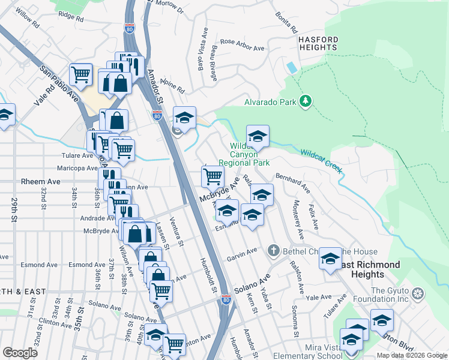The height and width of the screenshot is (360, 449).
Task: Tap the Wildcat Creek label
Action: tap(321, 161)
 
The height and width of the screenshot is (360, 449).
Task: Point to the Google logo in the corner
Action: tap(20, 353)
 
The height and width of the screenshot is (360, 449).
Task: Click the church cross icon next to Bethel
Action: tap(274, 250)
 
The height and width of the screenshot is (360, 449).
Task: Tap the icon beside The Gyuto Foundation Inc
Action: tap(418, 293)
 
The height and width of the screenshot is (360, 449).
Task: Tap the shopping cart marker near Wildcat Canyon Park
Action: tap(212, 176)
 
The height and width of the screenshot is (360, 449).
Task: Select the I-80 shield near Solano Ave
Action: tap(226, 298)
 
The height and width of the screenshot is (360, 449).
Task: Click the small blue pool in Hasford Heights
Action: tap(292, 67)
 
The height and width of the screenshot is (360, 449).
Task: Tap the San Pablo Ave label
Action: tap(60, 84)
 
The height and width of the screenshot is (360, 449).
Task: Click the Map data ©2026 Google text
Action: tap(411, 355)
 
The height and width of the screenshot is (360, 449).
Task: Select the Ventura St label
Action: tap(176, 231)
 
